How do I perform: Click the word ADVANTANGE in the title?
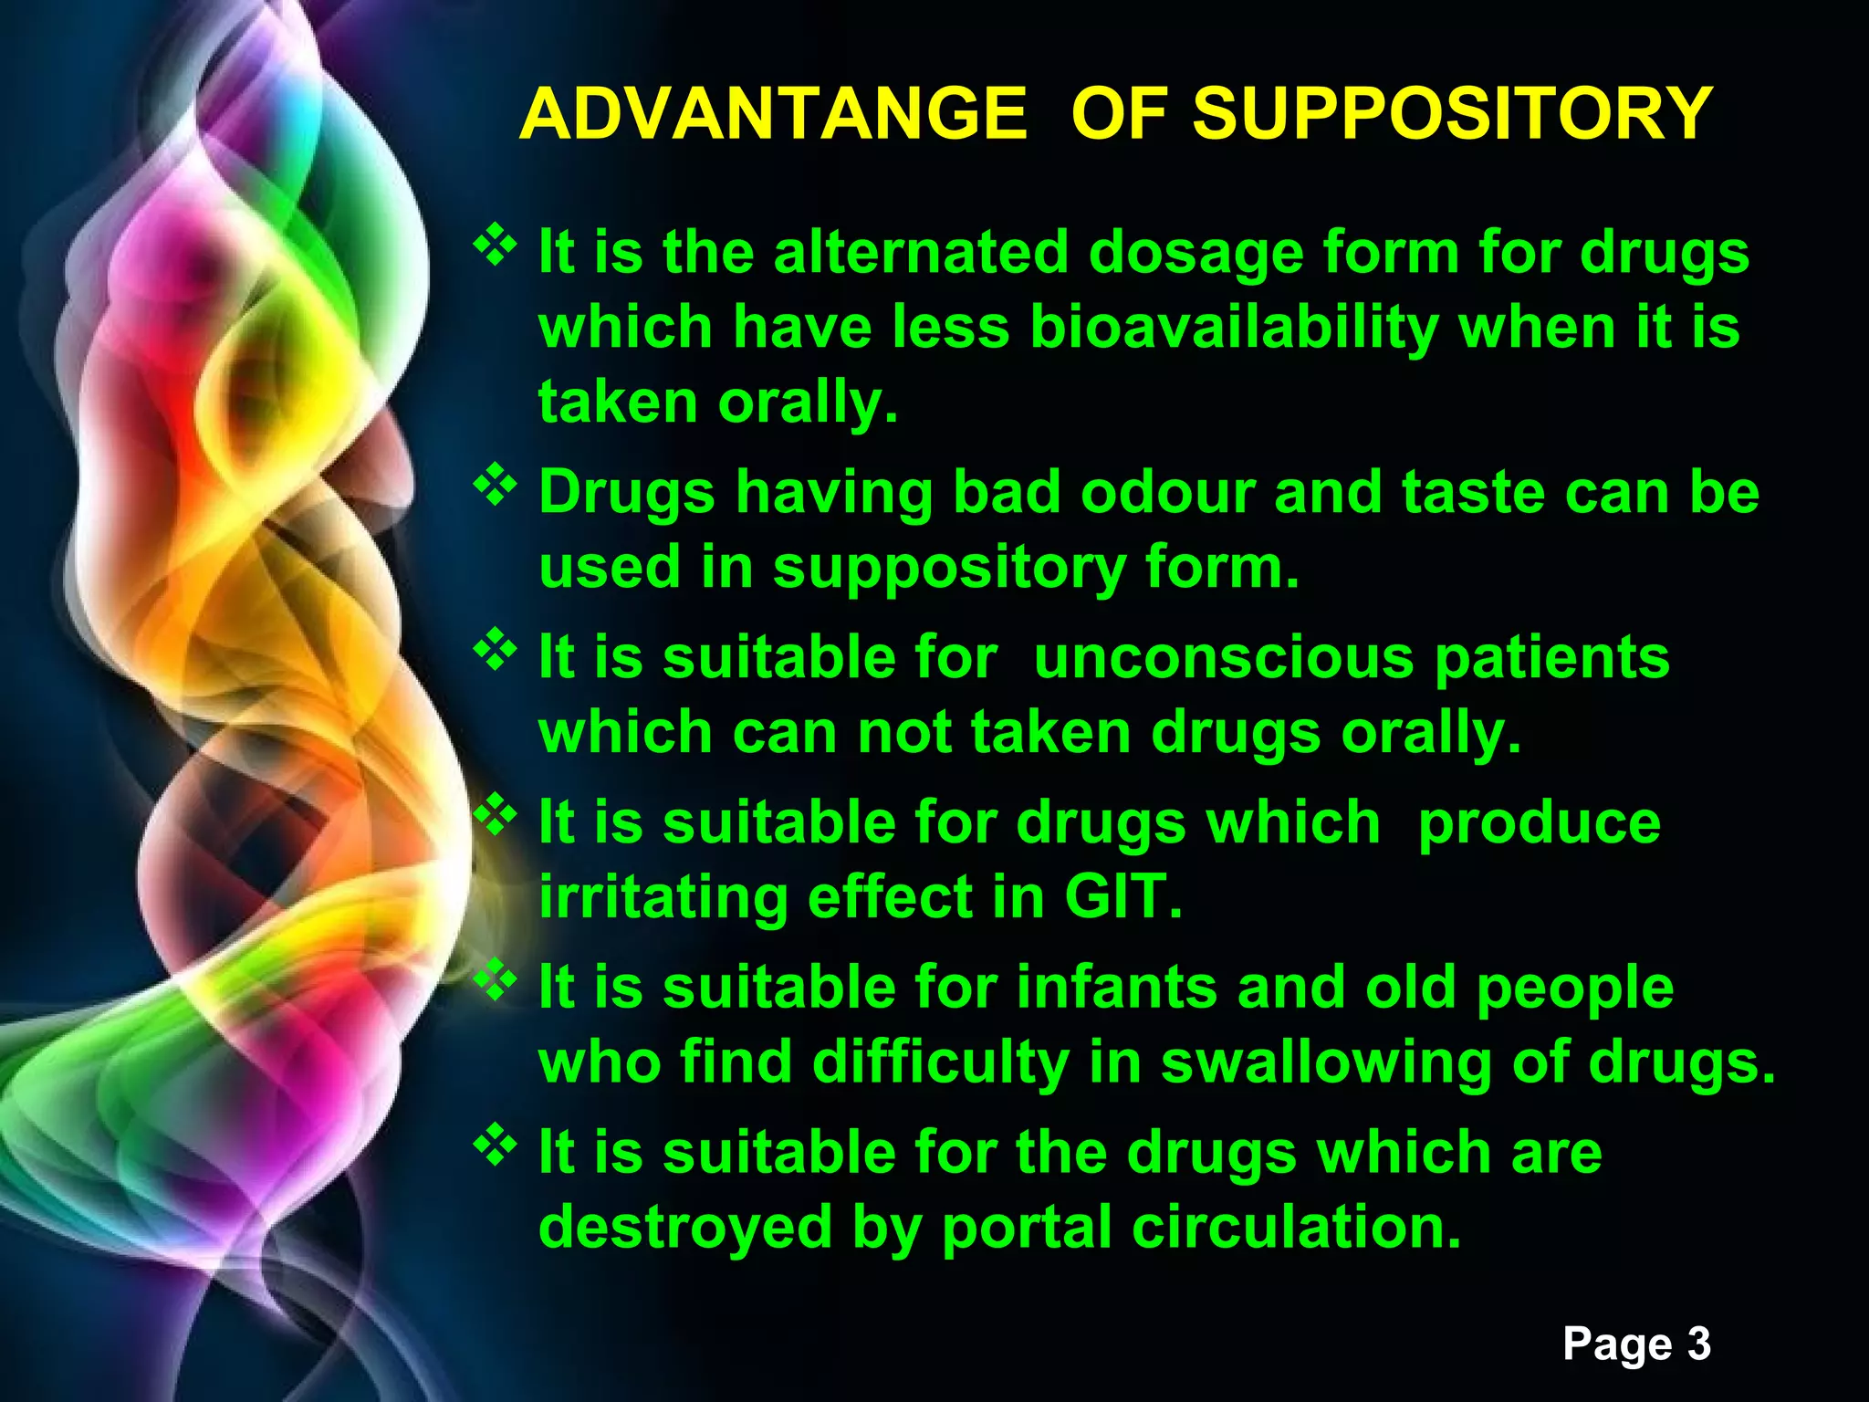click(773, 114)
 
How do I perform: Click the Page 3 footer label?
click(1636, 1344)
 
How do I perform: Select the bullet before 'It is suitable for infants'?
click(495, 980)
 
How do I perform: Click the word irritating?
click(663, 896)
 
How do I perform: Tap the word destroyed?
click(684, 1227)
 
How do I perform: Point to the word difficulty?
click(940, 1062)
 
